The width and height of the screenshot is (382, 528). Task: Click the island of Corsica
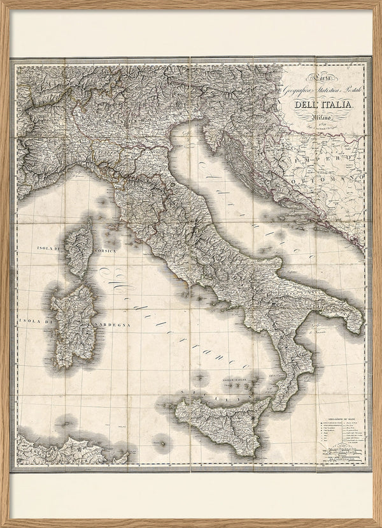point(80,246)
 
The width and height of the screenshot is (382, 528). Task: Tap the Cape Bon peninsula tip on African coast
point(125,454)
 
